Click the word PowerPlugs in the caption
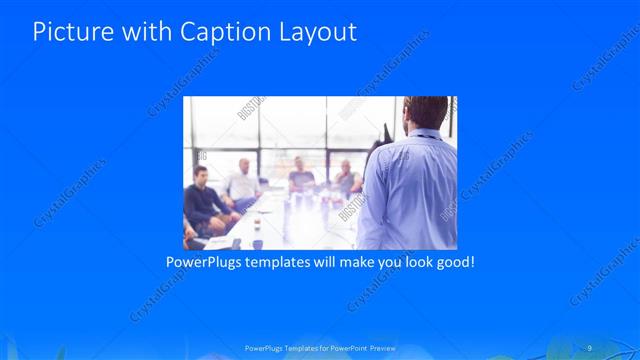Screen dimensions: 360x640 tap(204, 262)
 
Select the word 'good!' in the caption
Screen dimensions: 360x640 tap(452, 262)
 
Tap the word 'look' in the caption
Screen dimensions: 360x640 tap(407, 262)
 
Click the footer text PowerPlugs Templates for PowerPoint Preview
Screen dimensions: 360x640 tap(319, 348)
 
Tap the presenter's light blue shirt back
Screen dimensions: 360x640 tap(410, 190)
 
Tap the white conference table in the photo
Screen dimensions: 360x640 tap(290, 215)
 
